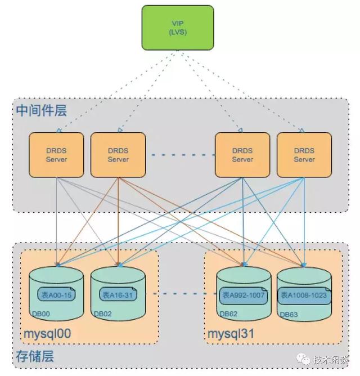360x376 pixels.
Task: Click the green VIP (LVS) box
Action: pos(177,27)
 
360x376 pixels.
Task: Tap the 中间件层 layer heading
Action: pos(42,110)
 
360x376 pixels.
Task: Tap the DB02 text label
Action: pos(102,314)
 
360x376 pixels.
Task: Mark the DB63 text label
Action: pos(287,314)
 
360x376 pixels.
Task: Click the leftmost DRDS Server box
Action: pos(56,155)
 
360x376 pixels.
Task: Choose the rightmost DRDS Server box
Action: pos(304,155)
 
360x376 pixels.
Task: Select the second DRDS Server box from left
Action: pos(118,155)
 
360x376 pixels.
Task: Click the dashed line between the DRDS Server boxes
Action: pos(180,155)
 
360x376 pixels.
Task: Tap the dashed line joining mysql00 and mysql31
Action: pos(180,294)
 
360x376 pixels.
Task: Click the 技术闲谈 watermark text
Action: pos(330,360)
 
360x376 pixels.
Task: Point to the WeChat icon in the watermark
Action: pos(303,359)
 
